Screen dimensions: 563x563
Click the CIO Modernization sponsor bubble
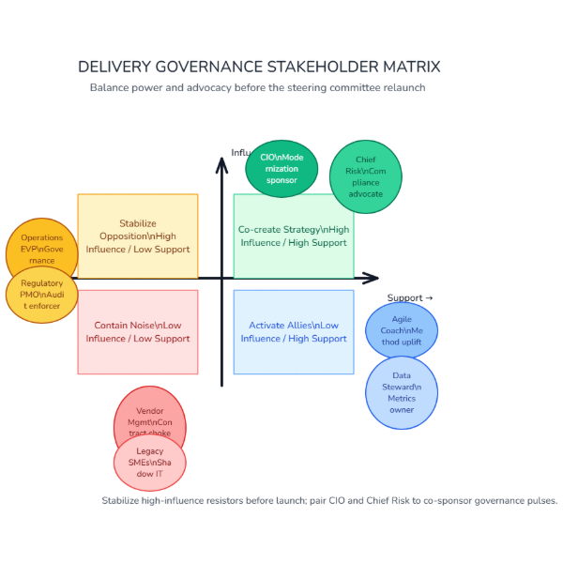click(x=281, y=169)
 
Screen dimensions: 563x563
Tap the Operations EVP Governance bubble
click(x=41, y=250)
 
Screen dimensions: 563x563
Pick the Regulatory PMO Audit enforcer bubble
click(x=41, y=295)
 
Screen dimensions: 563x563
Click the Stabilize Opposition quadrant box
click(x=138, y=236)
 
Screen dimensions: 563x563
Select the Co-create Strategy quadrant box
click(x=294, y=236)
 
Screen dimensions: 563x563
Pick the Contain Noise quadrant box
click(x=138, y=332)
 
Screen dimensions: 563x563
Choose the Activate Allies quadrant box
click(x=294, y=332)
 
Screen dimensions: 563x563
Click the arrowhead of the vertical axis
click(x=222, y=164)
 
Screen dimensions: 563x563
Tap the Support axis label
click(x=409, y=298)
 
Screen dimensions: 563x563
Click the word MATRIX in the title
click(x=411, y=68)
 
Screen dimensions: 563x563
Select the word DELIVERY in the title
click(x=112, y=68)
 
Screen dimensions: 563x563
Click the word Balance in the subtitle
click(x=111, y=87)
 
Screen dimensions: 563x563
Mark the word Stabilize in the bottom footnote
click(x=123, y=500)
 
